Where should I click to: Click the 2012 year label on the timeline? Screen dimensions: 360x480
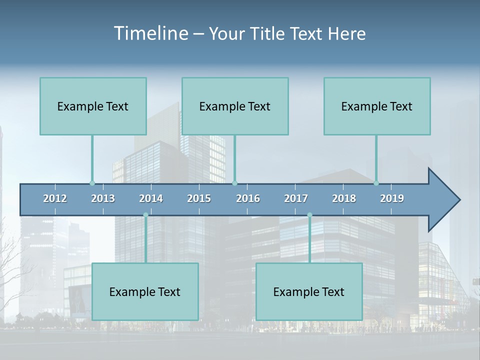[x=55, y=198]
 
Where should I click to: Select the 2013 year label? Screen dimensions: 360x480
[x=103, y=198]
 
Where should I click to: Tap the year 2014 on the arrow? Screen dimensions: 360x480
[x=151, y=198]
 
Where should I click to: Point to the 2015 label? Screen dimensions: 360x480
[x=199, y=198]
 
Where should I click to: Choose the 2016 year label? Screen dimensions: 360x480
[x=248, y=198]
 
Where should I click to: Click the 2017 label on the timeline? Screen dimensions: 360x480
[x=296, y=198]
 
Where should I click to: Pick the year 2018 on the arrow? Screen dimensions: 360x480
[x=344, y=198]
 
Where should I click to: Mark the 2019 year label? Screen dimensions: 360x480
[x=392, y=198]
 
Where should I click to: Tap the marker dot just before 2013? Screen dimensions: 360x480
[x=92, y=183]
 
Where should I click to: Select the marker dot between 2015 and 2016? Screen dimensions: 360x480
[x=234, y=183]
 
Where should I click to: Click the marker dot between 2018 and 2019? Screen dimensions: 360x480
[x=376, y=183]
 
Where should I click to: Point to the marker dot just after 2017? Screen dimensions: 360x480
[x=309, y=215]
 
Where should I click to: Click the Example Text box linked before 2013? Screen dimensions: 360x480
[x=93, y=106]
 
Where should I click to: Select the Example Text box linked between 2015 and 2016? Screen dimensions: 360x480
[x=235, y=106]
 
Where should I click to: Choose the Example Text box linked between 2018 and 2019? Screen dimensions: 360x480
[x=377, y=106]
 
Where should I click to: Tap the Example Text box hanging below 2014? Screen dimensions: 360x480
[x=145, y=291]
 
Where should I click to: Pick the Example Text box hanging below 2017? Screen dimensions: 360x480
[x=309, y=291]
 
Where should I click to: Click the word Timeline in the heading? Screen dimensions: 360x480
[x=150, y=33]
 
